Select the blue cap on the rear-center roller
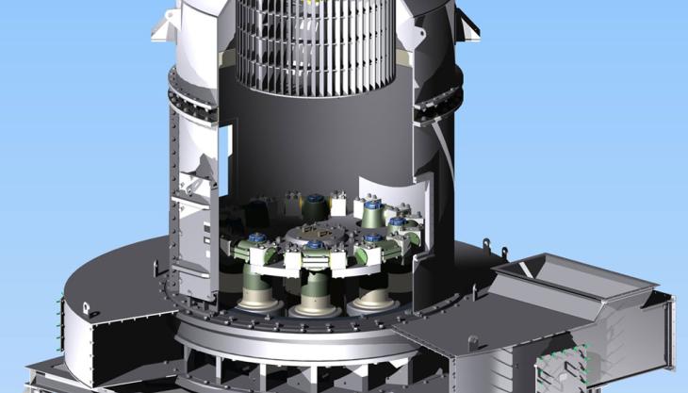click(315, 199)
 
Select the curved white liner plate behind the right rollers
click(395, 192)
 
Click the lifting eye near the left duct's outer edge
click(87, 307)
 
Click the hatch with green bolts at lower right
click(562, 373)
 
